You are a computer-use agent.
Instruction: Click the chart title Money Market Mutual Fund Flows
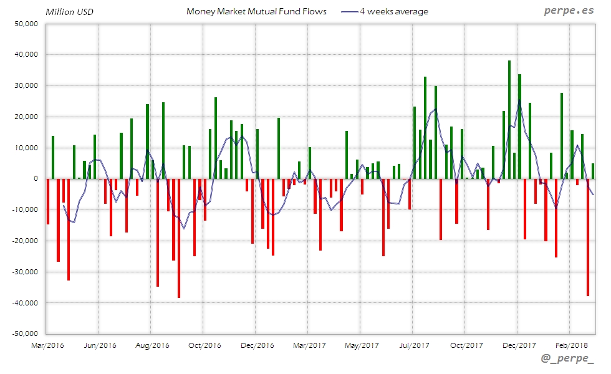(x=256, y=11)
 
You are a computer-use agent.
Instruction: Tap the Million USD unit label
(x=69, y=11)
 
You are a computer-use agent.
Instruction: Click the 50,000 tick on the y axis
(x=27, y=24)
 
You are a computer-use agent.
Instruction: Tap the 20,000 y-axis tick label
(x=27, y=117)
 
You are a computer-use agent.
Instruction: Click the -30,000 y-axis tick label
(x=26, y=272)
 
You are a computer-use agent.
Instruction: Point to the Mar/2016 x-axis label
(x=47, y=345)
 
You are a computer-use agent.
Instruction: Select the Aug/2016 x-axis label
(x=152, y=345)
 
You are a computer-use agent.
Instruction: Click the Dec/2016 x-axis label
(x=256, y=345)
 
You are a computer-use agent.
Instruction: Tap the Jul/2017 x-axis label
(x=413, y=345)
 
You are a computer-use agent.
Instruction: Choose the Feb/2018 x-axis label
(x=571, y=345)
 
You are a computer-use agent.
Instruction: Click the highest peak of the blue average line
(x=519, y=100)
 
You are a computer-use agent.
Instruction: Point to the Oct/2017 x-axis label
(x=466, y=345)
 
